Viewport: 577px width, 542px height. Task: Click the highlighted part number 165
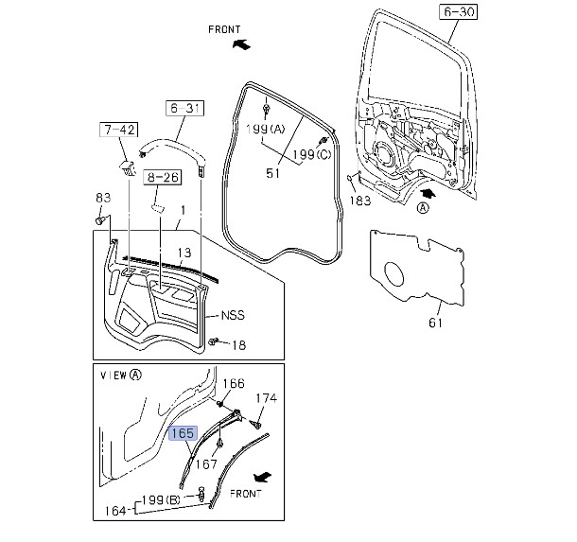(183, 433)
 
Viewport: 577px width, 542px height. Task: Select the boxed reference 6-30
(458, 11)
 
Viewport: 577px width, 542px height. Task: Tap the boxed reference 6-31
(184, 108)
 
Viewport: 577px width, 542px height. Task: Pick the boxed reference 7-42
(119, 130)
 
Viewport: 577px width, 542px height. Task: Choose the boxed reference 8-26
(163, 177)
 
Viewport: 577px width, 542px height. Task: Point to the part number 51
(272, 173)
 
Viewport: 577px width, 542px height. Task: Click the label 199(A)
(265, 130)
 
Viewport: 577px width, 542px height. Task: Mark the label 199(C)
(312, 154)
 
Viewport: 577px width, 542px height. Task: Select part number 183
(360, 201)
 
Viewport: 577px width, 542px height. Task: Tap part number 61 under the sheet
(435, 323)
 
